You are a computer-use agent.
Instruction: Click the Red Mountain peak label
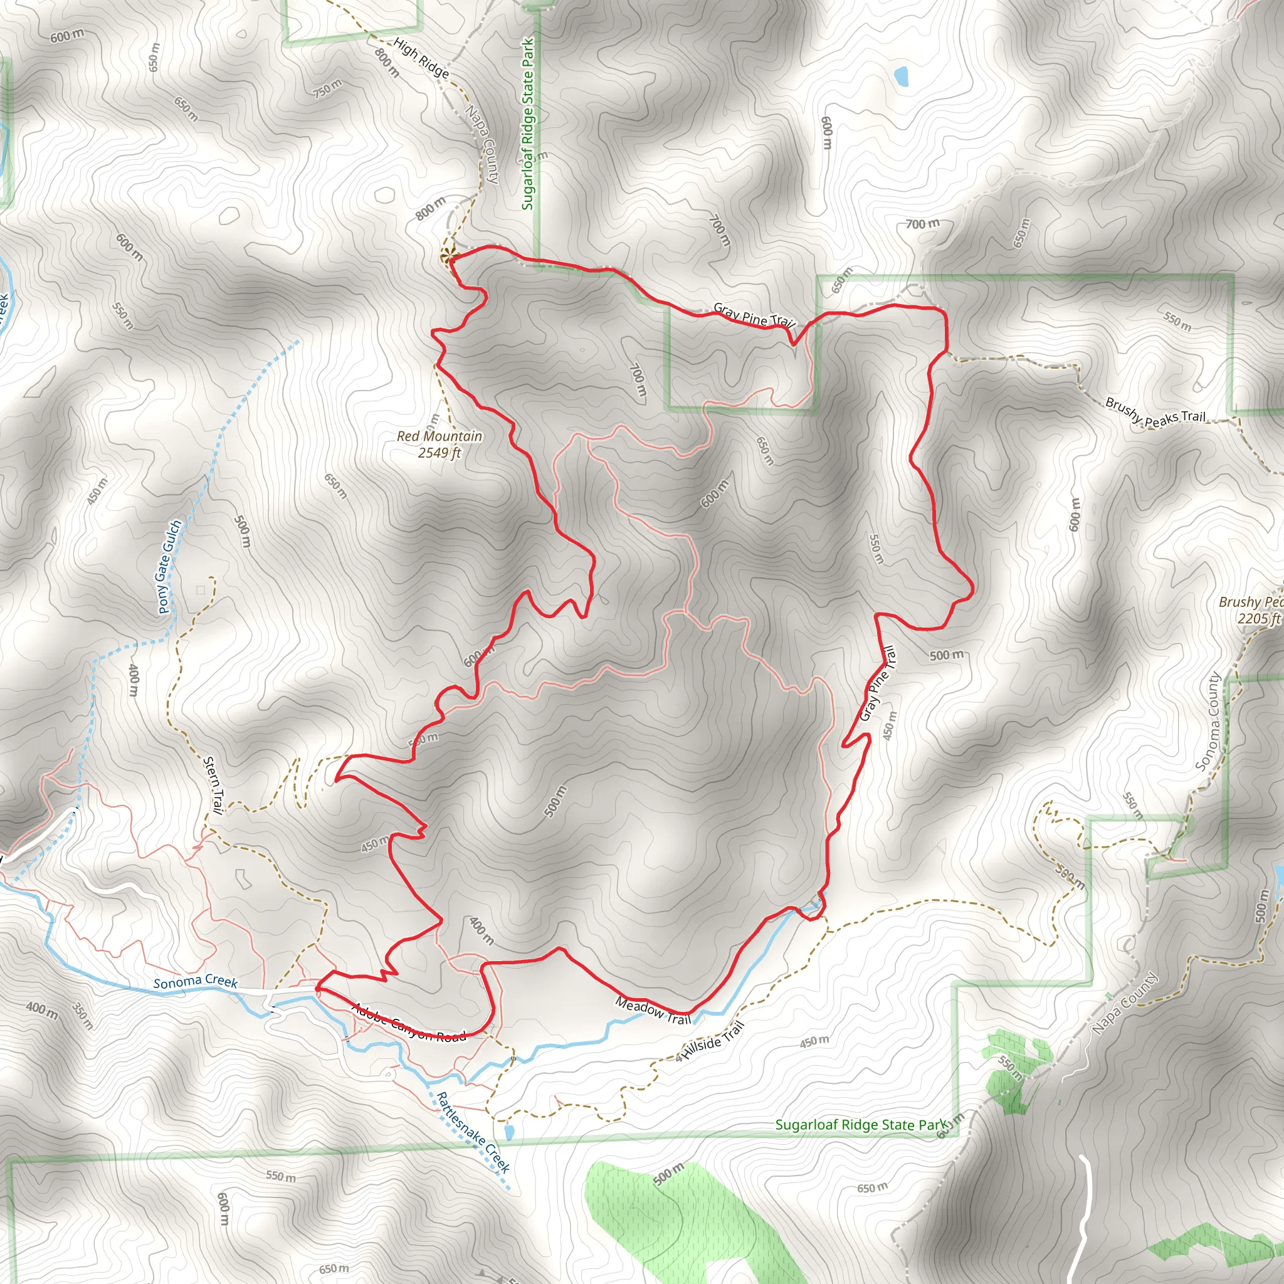(x=439, y=436)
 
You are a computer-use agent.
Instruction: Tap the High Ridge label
(x=421, y=57)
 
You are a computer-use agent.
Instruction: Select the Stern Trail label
(x=213, y=784)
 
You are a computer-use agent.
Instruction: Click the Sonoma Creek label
(x=196, y=982)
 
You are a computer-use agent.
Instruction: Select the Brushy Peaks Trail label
(x=1155, y=411)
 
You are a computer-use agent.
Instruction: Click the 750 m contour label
(x=328, y=88)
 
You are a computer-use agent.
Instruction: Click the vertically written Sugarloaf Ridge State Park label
(x=528, y=124)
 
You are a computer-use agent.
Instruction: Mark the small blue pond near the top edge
(x=901, y=76)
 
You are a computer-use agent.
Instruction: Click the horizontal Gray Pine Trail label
(x=754, y=314)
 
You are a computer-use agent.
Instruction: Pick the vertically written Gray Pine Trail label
(x=878, y=684)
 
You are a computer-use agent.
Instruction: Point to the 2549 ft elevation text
(x=439, y=453)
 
